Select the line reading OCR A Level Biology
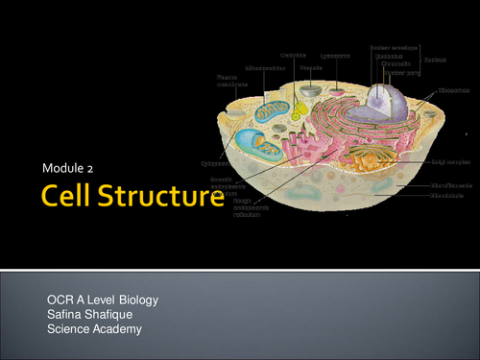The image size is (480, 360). click(x=103, y=300)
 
